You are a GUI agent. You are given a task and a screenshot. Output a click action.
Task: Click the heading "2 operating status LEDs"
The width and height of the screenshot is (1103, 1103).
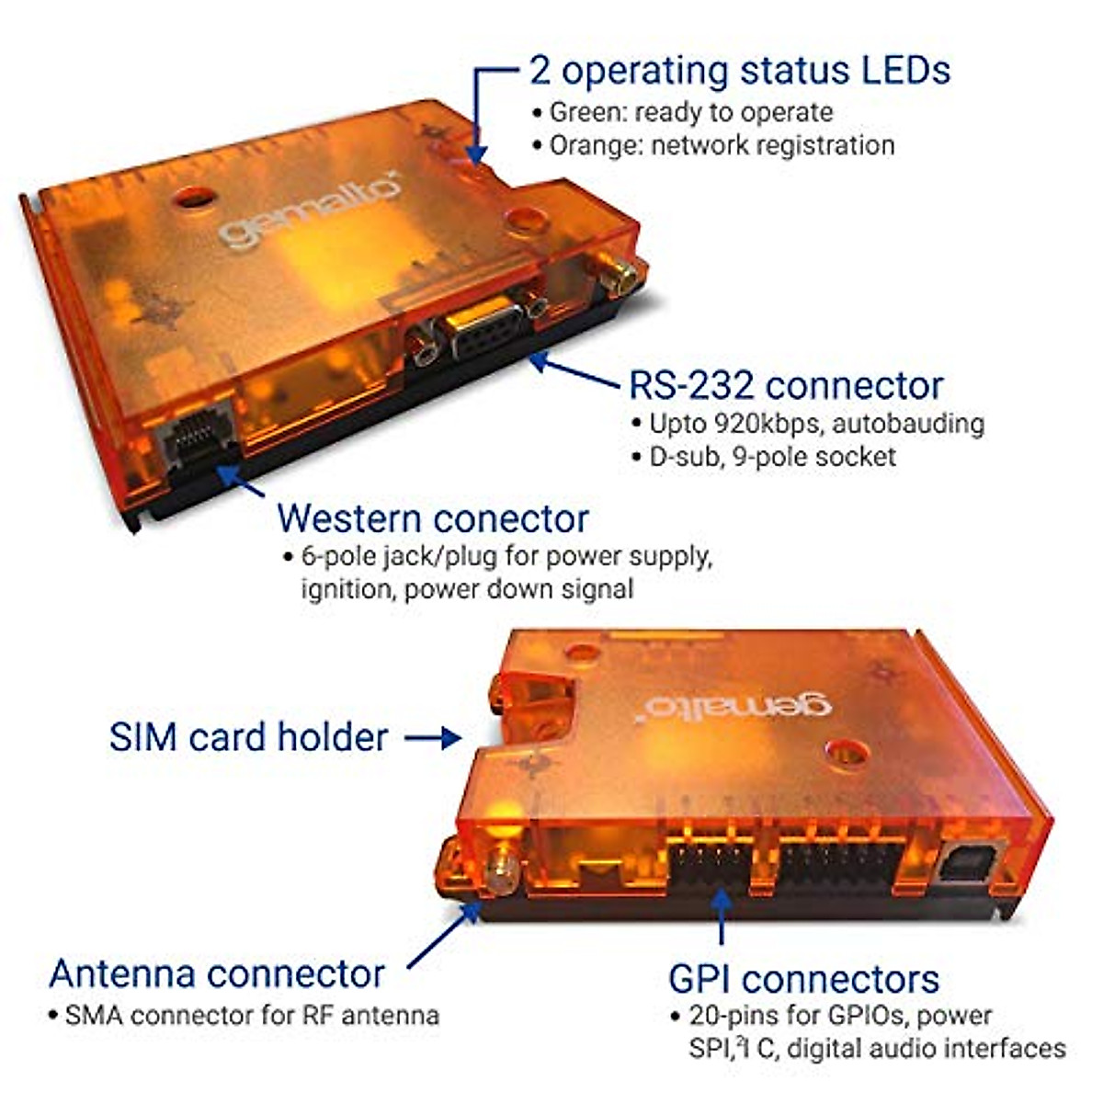coord(739,71)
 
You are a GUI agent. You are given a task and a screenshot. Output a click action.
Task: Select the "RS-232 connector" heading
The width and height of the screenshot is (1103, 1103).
coord(786,385)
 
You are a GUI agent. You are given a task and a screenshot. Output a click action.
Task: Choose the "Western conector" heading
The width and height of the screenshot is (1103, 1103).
coord(432,518)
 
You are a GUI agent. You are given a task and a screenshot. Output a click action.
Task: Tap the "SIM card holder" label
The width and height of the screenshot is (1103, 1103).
coord(248,737)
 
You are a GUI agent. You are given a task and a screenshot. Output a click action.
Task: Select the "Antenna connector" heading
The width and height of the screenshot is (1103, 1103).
coord(217,973)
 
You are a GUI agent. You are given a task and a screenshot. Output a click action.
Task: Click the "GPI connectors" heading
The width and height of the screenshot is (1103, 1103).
coord(803,979)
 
